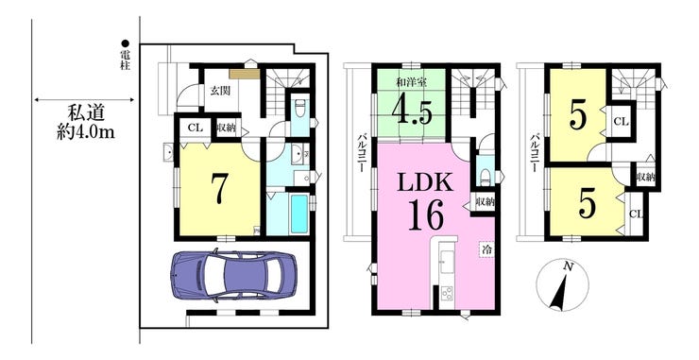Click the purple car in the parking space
click(233, 274)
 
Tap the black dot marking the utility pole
click(126, 43)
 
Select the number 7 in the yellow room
click(220, 188)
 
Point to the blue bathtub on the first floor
click(299, 214)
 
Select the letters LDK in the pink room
click(425, 181)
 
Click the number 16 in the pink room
click(425, 214)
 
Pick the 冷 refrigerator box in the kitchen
click(487, 249)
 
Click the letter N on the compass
click(568, 266)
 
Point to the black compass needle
click(559, 293)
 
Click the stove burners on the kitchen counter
click(447, 293)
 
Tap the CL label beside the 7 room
click(196, 128)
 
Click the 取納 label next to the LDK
click(485, 202)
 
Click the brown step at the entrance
click(245, 74)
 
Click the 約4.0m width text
click(86, 133)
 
